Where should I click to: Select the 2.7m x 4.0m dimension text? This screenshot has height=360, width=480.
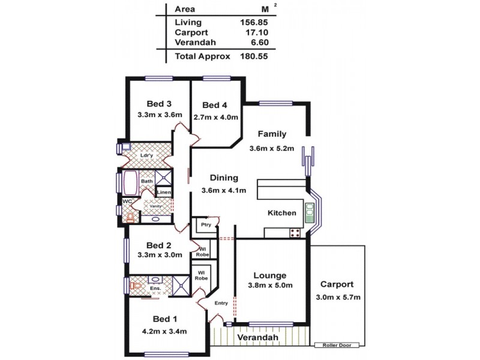coord(216,117)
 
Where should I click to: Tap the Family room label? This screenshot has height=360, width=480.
coord(272,134)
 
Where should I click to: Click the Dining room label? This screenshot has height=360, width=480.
coord(224,178)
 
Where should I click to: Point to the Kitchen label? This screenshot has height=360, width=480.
coord(281,213)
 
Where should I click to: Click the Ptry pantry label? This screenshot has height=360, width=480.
coord(206,225)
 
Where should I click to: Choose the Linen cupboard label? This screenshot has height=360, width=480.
coord(164,192)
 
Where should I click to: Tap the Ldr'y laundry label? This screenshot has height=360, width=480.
coord(146,155)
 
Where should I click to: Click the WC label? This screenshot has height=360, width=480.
coord(127,201)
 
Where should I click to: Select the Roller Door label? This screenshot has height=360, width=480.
coord(337,345)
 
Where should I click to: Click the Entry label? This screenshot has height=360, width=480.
coord(220,303)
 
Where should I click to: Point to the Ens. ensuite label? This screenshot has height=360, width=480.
coord(155,289)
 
